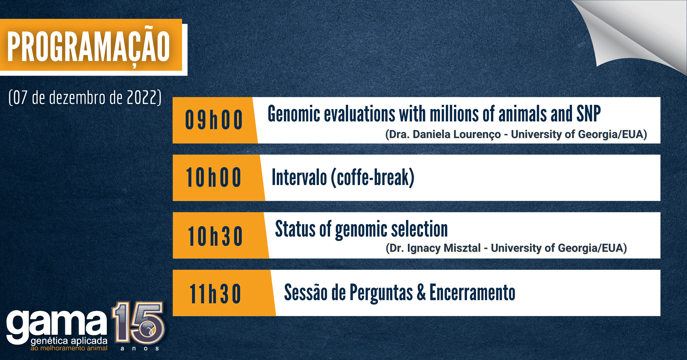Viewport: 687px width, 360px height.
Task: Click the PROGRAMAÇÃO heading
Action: tap(89, 47)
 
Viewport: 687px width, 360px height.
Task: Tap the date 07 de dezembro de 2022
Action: tap(85, 97)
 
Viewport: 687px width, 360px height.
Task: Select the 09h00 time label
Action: tap(214, 120)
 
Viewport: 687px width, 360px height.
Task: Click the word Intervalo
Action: tap(299, 177)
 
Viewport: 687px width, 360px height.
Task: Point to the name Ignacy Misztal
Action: tap(444, 248)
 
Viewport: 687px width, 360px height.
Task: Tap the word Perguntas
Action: tap(381, 293)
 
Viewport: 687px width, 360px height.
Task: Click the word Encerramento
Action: tap(472, 292)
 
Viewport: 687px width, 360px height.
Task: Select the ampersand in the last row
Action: tap(421, 292)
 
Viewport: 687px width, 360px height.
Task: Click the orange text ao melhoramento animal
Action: tap(69, 348)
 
